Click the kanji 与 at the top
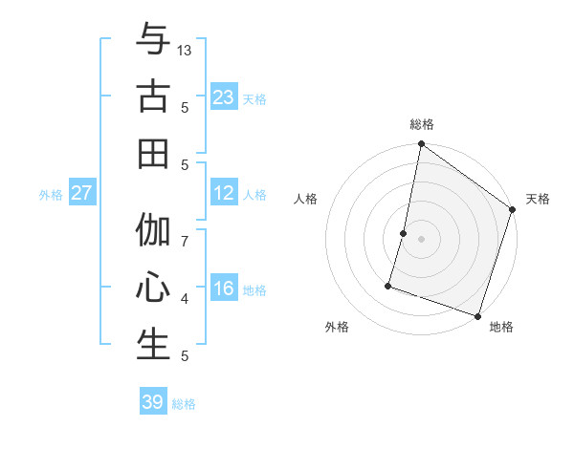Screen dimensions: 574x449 153,40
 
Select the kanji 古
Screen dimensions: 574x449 153,96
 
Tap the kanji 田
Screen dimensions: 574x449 153,153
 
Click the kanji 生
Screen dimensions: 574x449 153,345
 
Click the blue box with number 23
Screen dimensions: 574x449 224,97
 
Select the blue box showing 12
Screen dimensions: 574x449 224,194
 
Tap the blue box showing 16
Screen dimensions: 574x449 224,289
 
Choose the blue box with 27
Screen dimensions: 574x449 82,194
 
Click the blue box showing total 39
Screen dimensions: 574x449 153,402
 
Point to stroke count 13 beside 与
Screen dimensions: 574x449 185,50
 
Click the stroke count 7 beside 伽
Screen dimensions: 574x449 185,241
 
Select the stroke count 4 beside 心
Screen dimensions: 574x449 185,299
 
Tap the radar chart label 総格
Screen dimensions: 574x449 422,124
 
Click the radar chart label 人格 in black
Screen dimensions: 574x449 306,199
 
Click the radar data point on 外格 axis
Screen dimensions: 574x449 388,285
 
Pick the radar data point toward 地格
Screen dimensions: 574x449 477,315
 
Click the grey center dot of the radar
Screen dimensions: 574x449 421,239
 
